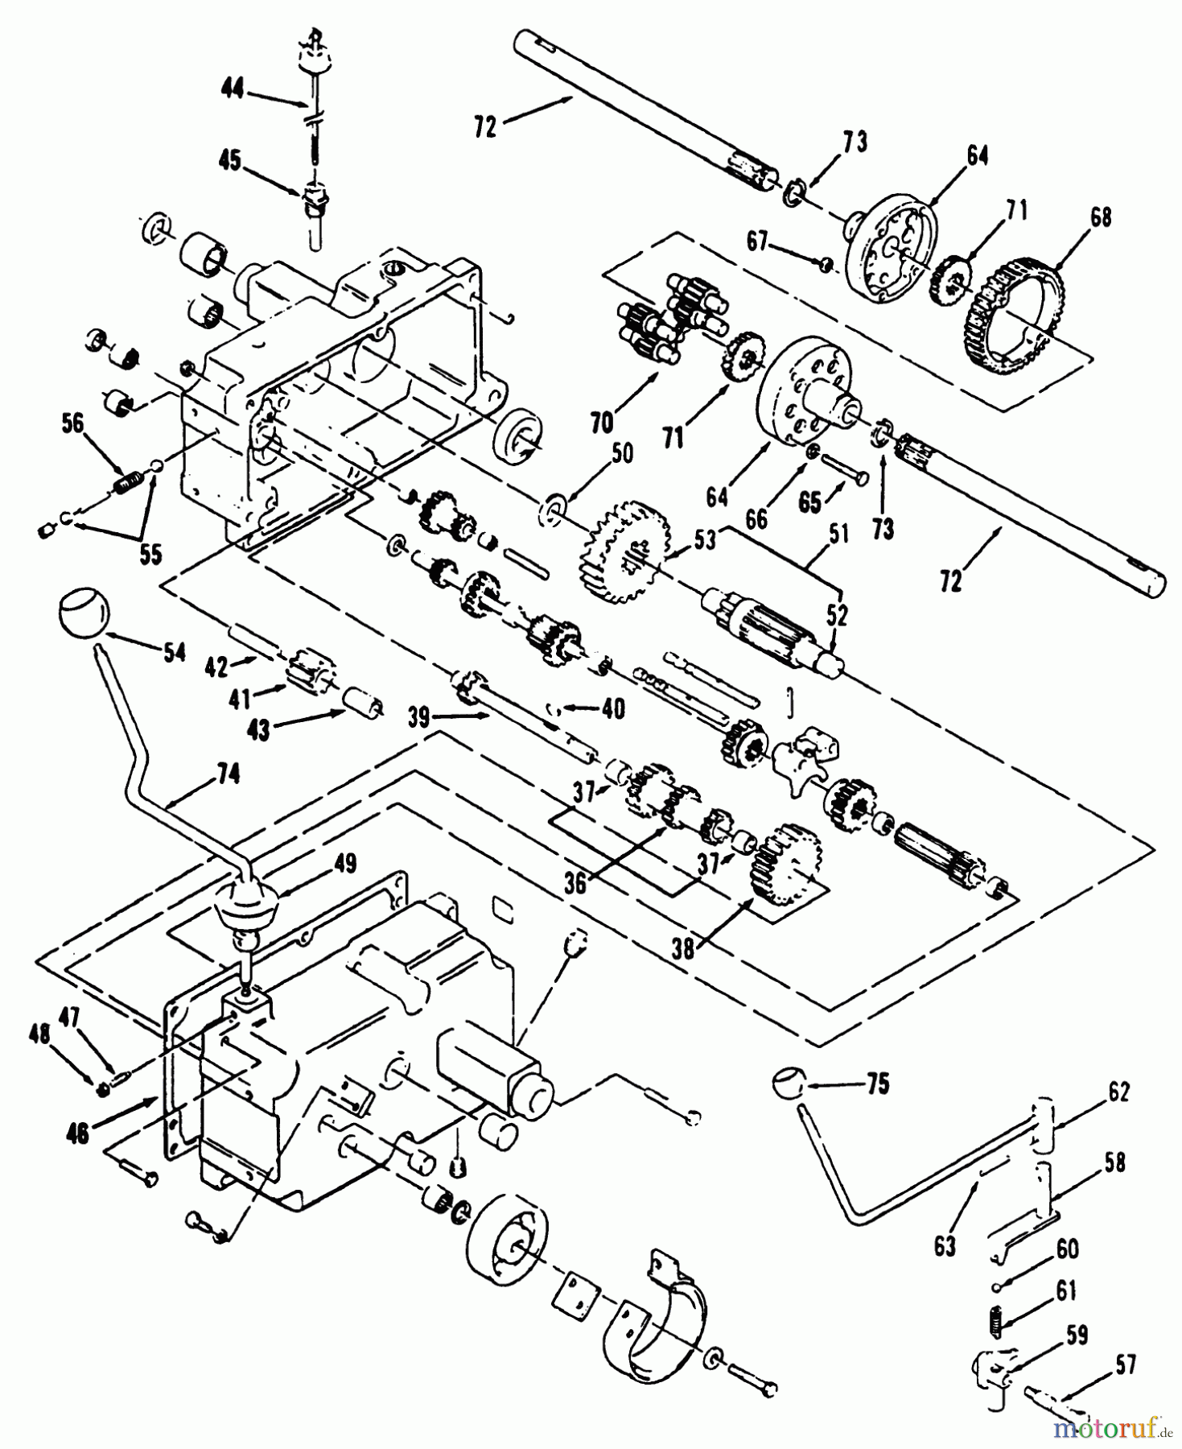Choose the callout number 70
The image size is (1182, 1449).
(602, 422)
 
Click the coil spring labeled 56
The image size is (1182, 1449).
(126, 483)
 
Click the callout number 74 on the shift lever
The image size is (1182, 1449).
(228, 774)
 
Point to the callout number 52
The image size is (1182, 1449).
(837, 616)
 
